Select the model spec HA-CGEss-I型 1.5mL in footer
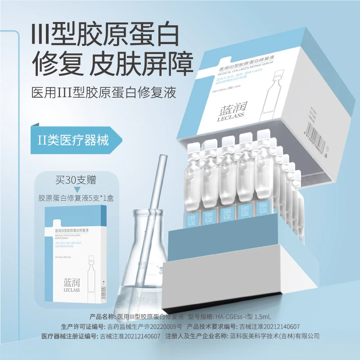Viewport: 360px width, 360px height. [246, 318]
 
